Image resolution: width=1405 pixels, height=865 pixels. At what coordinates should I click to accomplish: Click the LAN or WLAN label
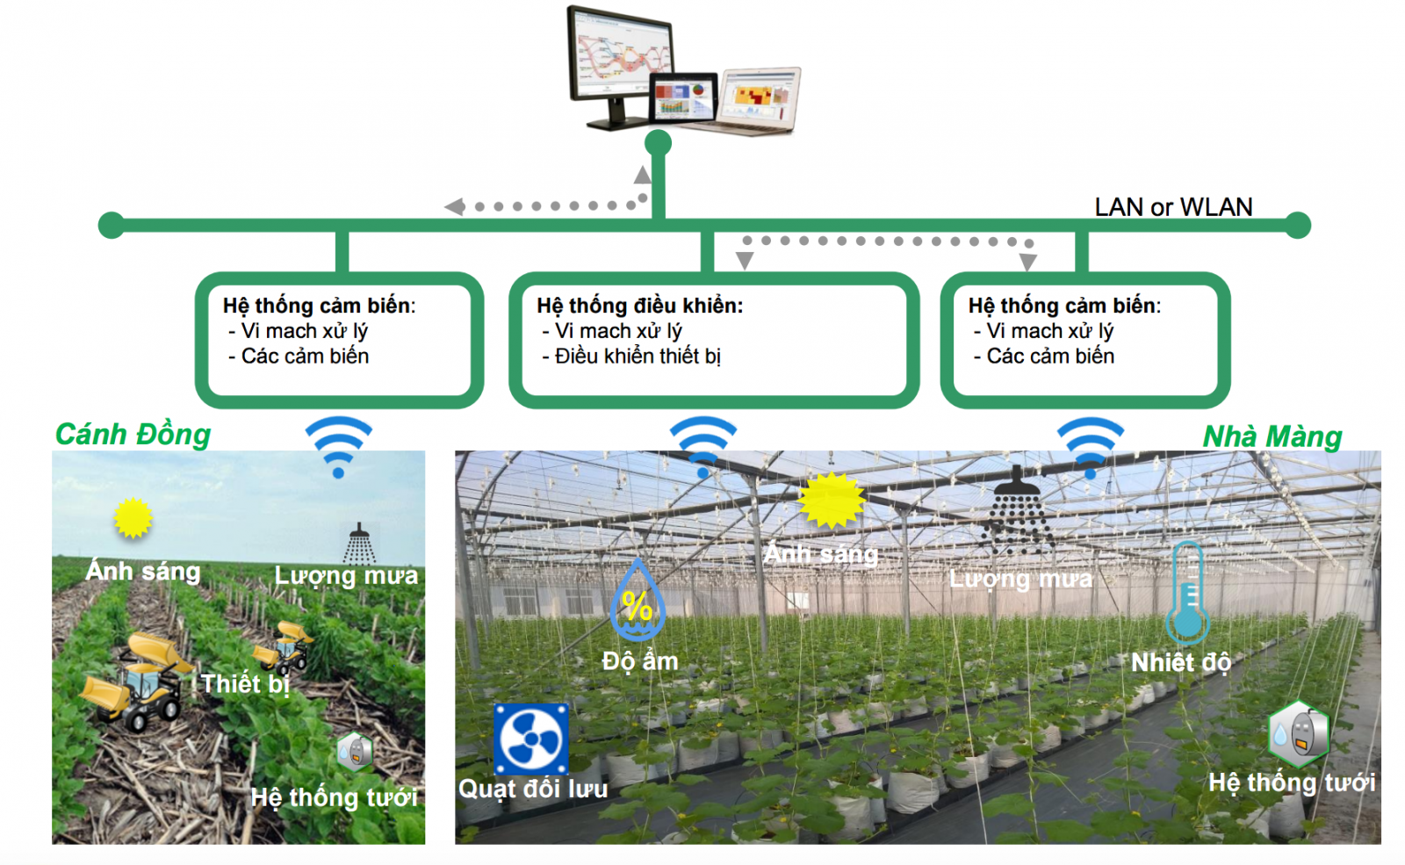click(1173, 207)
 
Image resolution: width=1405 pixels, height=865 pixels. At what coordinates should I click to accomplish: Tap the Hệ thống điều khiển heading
click(640, 306)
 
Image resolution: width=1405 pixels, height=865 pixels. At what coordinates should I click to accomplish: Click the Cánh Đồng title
click(133, 435)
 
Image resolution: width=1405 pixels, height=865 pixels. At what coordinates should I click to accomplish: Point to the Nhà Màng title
click(1272, 436)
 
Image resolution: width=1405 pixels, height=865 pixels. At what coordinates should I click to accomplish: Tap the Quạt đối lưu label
click(533, 789)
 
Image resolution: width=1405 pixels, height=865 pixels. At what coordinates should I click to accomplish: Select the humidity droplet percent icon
click(638, 601)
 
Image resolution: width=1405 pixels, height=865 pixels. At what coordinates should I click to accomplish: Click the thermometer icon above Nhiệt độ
click(1187, 593)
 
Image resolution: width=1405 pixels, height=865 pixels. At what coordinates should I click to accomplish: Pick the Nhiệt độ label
click(1180, 662)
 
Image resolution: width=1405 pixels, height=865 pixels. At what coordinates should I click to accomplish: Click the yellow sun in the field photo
click(133, 518)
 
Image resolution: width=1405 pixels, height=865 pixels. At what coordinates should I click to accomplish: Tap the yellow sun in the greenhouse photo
click(832, 501)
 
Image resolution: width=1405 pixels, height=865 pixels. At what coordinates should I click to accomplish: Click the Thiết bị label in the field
click(245, 683)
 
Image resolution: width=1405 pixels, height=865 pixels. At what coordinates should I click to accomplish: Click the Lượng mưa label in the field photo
click(346, 576)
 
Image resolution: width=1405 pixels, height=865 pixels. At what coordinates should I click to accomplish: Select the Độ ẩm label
click(640, 661)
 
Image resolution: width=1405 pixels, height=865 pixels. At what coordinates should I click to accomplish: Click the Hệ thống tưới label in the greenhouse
click(1291, 782)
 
